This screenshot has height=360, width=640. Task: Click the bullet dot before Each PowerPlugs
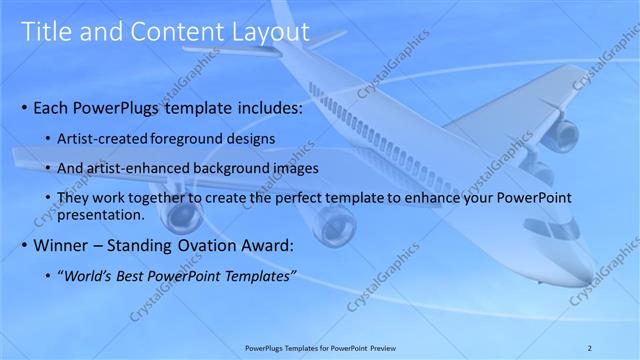tap(23, 108)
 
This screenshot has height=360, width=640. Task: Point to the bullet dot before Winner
tap(23, 246)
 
